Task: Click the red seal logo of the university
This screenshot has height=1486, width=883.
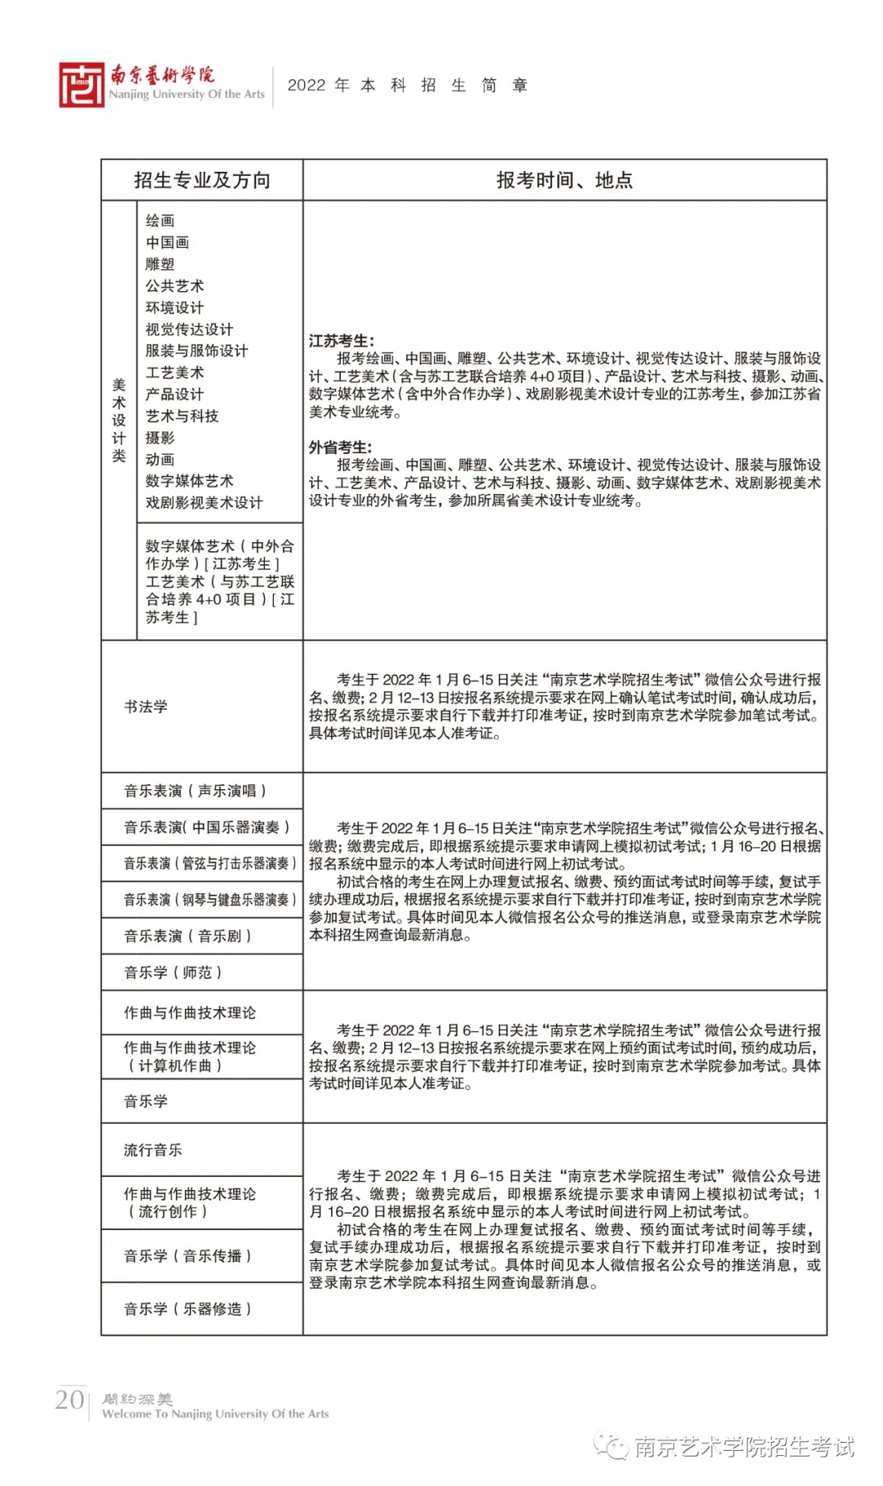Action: (81, 85)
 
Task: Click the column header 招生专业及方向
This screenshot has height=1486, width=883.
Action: (202, 180)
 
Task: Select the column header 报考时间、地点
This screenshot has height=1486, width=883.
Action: (564, 180)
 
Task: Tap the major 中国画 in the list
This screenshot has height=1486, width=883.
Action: (168, 242)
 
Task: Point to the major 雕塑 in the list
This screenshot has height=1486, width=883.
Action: (160, 264)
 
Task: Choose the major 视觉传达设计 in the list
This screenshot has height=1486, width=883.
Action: (189, 329)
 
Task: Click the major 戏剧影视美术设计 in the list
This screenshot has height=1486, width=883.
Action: (204, 502)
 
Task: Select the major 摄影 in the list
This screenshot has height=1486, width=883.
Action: (160, 438)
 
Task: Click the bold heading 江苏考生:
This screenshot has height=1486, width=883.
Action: (342, 341)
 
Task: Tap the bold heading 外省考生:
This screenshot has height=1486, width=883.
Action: (340, 447)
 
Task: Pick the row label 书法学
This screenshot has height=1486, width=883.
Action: (146, 707)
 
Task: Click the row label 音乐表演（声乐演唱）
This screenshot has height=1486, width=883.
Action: (195, 791)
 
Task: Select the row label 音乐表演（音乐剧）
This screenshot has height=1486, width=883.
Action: (188, 936)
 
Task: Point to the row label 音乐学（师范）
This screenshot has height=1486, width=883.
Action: (173, 972)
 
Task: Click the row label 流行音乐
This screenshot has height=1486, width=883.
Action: (153, 1150)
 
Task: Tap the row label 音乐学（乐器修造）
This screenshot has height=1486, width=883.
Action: (188, 1309)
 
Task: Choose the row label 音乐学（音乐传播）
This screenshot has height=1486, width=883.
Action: (188, 1255)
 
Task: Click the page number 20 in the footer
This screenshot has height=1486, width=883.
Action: (69, 1399)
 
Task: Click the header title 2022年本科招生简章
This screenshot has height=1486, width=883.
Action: (407, 85)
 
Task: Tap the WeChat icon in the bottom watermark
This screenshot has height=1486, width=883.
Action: (612, 1446)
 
